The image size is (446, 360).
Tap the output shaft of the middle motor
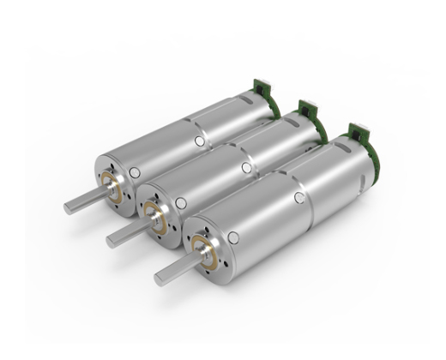pyautogui.click(x=125, y=235)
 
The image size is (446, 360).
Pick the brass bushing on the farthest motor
pyautogui.click(x=111, y=183)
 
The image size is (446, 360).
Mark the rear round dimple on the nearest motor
pyautogui.click(x=298, y=198)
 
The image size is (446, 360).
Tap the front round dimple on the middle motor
pyautogui.click(x=181, y=203)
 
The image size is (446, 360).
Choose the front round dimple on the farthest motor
pyautogui.click(x=135, y=172)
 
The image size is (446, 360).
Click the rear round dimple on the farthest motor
pyautogui.click(x=200, y=140)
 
